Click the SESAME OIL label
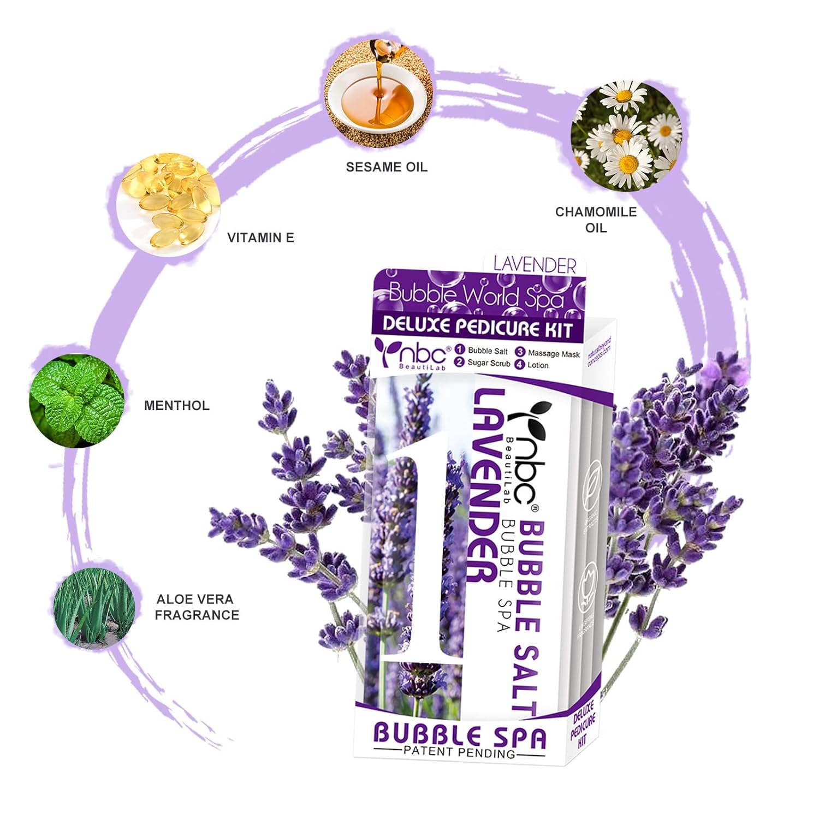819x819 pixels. coord(387,167)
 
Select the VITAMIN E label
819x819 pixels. coord(260,238)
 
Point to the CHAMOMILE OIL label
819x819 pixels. coord(596,219)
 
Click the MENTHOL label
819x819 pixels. coord(176,406)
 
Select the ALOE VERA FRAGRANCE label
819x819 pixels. coord(197,607)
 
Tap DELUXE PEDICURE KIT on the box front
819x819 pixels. coord(477,326)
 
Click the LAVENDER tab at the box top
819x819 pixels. coord(535,265)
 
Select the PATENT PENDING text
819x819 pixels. coord(459,753)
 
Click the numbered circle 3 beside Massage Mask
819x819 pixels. coord(520,353)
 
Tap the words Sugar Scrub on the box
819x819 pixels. coord(489,363)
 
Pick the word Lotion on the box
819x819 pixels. coord(538,365)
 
